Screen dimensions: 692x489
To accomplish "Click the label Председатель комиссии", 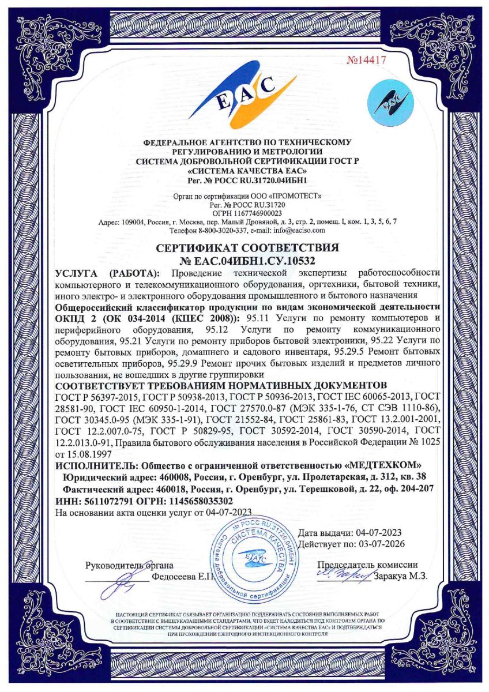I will click(368, 565).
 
